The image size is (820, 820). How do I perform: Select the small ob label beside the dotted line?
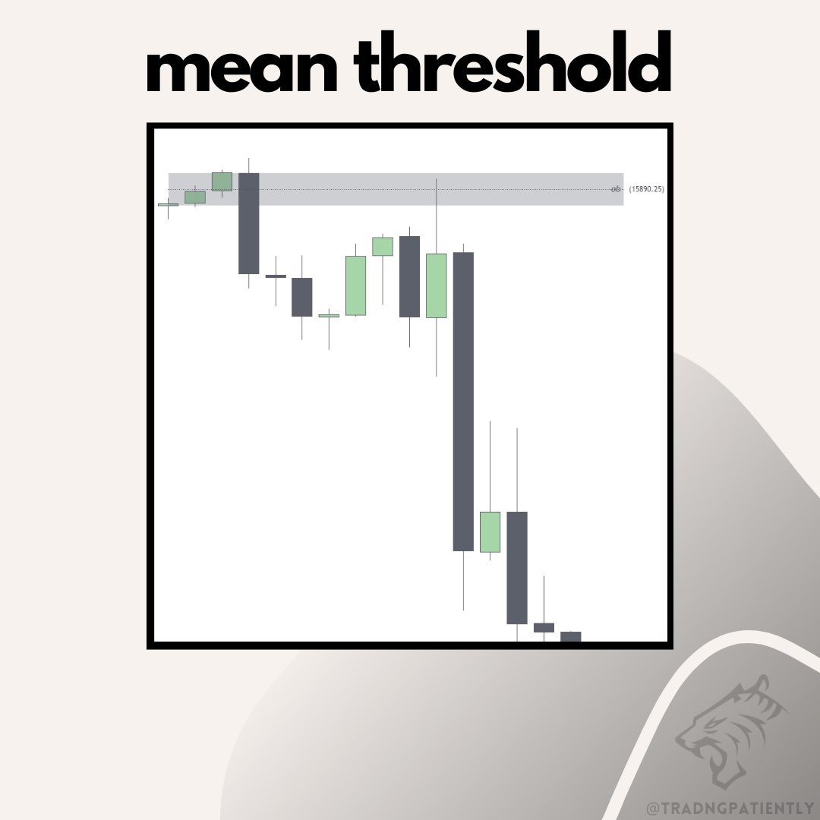616,188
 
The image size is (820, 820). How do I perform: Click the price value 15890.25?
646,188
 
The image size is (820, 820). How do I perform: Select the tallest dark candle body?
463,401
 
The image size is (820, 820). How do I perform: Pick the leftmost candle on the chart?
168,204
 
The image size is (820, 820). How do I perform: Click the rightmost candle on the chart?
570,636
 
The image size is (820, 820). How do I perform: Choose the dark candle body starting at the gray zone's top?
249,222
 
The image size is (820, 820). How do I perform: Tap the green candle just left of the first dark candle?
222,181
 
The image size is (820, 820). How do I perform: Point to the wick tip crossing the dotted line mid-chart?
437,181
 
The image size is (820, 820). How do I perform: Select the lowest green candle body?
490,531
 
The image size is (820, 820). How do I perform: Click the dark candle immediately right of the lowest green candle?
517,567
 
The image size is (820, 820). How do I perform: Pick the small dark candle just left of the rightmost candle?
544,627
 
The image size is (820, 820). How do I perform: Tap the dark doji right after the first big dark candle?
276,276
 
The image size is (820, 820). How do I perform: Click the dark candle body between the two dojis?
302,297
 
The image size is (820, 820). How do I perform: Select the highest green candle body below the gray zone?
383,246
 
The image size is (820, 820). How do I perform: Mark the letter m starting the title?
175,72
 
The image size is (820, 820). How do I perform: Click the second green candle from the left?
195,197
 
